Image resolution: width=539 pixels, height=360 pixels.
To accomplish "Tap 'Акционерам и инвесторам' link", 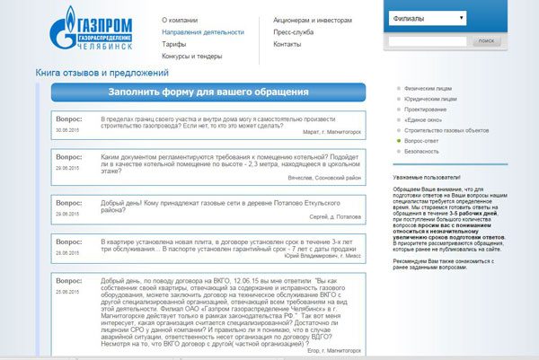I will click(x=314, y=19).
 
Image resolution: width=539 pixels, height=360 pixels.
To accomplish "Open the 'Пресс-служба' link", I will click(x=293, y=31).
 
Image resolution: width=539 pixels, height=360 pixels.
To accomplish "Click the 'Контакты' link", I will click(x=287, y=44).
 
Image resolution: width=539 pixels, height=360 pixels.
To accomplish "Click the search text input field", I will click(x=428, y=41).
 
